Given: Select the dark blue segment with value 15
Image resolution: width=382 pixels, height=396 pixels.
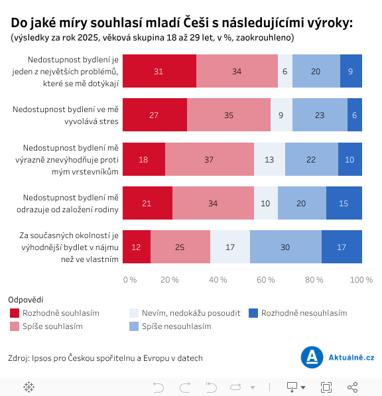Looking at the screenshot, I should (344, 203).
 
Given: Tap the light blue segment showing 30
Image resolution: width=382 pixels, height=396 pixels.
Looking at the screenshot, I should (286, 247).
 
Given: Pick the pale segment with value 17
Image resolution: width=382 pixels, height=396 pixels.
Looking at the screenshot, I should (230, 247).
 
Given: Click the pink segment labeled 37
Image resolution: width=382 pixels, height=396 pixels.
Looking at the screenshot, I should (210, 159).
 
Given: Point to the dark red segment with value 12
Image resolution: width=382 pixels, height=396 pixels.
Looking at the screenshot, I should (137, 247).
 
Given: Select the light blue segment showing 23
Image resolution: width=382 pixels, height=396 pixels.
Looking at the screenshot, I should (320, 115).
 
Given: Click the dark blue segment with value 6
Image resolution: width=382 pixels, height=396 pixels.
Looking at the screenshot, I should (355, 115).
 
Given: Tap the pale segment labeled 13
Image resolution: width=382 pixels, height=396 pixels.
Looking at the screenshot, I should (269, 159).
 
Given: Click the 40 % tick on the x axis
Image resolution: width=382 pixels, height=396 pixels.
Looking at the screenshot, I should (218, 280).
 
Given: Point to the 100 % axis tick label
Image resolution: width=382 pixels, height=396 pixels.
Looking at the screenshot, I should (361, 280).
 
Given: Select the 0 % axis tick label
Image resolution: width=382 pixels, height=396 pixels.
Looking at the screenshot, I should (129, 280).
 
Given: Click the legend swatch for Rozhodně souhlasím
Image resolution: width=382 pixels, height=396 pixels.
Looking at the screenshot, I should (15, 312).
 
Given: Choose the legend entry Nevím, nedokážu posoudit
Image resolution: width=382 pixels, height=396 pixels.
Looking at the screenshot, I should (184, 312).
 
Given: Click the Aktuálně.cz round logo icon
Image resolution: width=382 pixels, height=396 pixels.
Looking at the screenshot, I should (312, 358).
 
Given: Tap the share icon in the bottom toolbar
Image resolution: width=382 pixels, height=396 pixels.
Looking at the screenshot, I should (353, 387).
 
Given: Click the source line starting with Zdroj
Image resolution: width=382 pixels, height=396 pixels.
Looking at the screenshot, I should (105, 358).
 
